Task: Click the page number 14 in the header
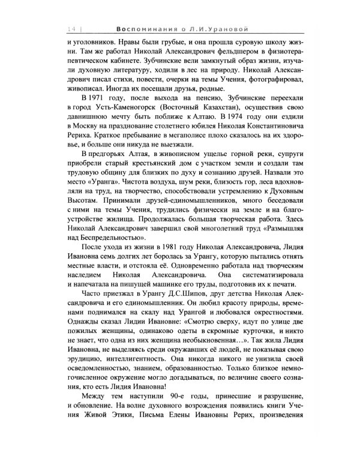point(70,29)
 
